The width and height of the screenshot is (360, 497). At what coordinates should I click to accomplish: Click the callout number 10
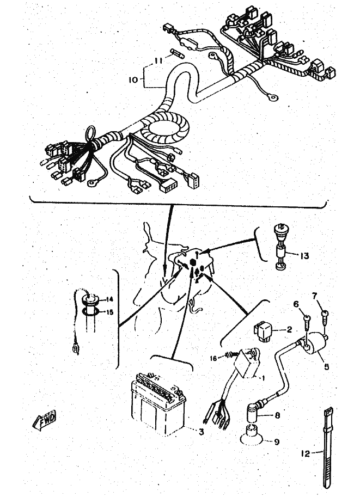[x=133, y=79]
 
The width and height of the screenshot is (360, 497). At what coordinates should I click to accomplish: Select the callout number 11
[x=158, y=62]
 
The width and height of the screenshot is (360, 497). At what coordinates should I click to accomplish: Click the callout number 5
[x=327, y=367]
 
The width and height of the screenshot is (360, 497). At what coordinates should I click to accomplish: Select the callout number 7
[x=314, y=296]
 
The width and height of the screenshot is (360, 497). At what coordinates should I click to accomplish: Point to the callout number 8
[x=278, y=415]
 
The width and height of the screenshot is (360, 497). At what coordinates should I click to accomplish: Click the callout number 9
[x=277, y=442]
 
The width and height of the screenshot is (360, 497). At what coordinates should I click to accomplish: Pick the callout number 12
[x=305, y=452]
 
